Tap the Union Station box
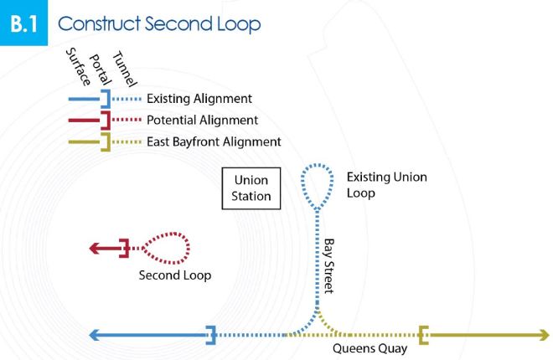point(252,188)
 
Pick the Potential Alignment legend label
point(202,121)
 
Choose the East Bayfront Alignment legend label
point(214,141)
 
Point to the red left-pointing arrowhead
point(96,249)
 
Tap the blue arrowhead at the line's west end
point(96,336)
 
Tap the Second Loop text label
point(175,275)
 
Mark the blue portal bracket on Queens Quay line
point(212,336)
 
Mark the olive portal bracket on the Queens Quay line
point(424,336)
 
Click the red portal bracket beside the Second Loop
point(124,249)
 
